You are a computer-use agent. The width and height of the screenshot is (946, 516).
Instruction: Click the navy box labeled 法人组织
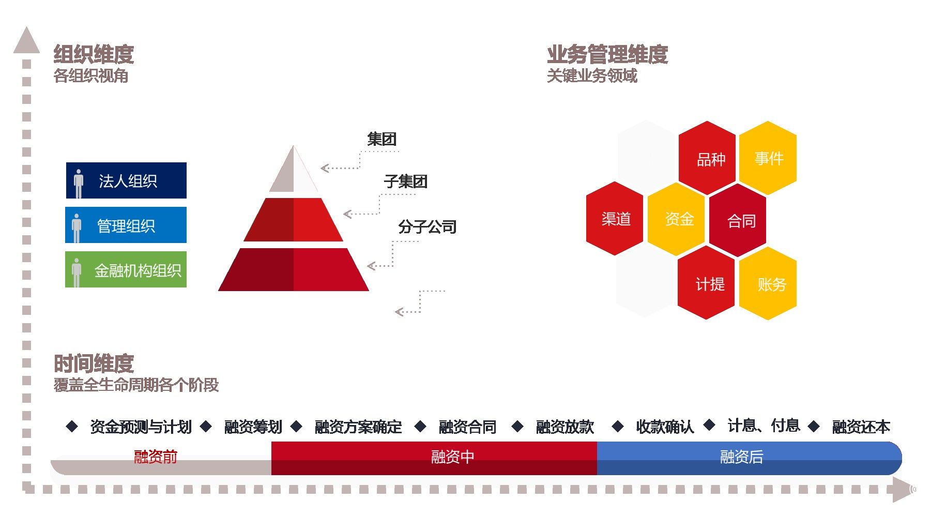click(x=126, y=180)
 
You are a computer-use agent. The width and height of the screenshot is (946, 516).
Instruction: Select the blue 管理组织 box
click(x=126, y=225)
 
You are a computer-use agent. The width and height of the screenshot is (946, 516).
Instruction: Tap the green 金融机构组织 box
click(x=126, y=269)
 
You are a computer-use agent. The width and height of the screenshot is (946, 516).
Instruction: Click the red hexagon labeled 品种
click(x=707, y=158)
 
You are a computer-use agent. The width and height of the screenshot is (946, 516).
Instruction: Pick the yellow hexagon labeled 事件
click(x=768, y=158)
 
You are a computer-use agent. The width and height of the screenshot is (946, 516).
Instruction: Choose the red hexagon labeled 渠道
click(x=615, y=218)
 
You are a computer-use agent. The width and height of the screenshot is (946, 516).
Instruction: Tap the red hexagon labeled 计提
click(x=706, y=283)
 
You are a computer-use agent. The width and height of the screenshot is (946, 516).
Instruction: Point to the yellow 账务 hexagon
click(x=768, y=283)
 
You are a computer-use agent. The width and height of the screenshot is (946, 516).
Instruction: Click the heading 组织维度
click(x=94, y=54)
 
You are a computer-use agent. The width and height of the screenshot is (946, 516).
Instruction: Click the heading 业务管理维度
click(x=607, y=54)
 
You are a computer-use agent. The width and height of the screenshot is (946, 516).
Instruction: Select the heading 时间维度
click(x=94, y=363)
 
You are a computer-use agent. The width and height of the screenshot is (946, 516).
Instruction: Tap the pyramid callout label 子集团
click(x=405, y=181)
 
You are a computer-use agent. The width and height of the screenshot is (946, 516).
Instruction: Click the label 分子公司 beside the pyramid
click(x=427, y=226)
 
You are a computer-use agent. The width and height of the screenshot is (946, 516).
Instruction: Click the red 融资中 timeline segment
click(x=434, y=458)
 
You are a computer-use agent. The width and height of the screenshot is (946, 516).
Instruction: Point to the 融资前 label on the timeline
click(x=156, y=457)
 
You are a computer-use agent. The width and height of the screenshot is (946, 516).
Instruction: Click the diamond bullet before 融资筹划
click(x=206, y=427)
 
